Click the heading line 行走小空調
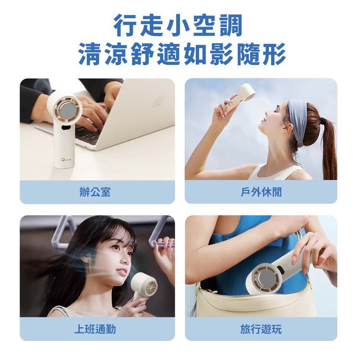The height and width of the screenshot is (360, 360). tap(178, 25)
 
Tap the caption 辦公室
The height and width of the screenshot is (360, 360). tap(95, 192)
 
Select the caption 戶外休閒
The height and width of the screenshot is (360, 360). tap(261, 192)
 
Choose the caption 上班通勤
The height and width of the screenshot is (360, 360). tap(95, 329)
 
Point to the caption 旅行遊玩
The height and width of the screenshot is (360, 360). tap(261, 329)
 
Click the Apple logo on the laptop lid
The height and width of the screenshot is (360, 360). tap(158, 103)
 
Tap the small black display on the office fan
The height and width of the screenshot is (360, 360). tap(66, 127)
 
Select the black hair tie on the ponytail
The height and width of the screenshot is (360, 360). tap(325, 120)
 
